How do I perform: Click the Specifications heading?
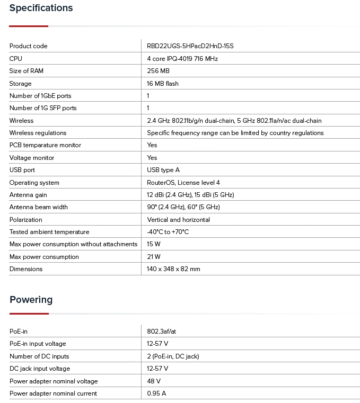(x=41, y=8)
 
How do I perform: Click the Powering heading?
(x=31, y=300)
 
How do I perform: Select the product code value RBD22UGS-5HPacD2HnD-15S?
(x=190, y=46)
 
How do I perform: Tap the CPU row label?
(x=16, y=59)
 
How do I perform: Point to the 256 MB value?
(x=158, y=71)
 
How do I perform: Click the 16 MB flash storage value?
(x=163, y=84)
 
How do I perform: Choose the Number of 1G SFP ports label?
(x=43, y=108)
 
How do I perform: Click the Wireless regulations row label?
(x=38, y=133)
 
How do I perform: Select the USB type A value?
(x=163, y=170)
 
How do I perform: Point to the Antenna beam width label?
(x=38, y=207)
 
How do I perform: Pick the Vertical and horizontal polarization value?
(x=178, y=220)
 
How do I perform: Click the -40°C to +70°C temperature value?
(x=168, y=232)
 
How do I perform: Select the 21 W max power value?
(x=154, y=257)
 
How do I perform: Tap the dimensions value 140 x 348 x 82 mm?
(x=173, y=269)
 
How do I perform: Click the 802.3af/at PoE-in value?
(x=161, y=332)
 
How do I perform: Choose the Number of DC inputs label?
(x=39, y=356)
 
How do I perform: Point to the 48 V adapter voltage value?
(x=154, y=381)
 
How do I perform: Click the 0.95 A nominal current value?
(x=156, y=393)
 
